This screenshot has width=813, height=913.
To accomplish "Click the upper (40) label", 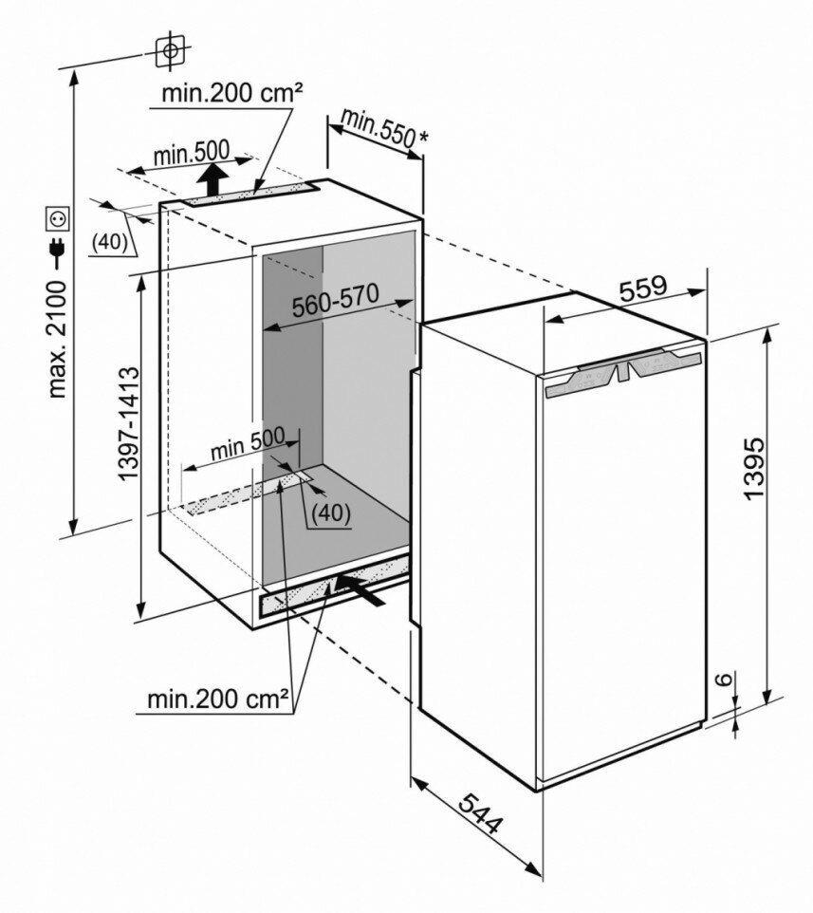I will click(111, 242).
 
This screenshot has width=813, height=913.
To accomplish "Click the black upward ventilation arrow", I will click(216, 177).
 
